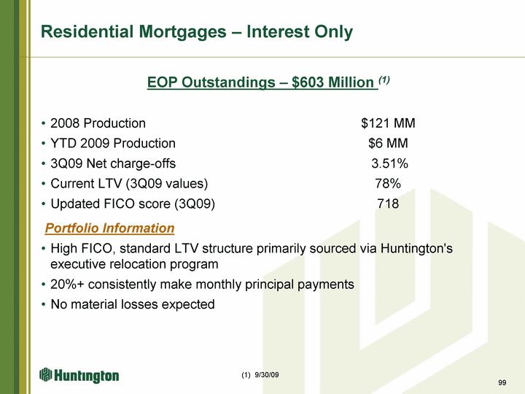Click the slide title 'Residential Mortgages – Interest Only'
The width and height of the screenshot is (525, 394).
point(197,32)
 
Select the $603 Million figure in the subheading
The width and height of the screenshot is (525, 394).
point(332,82)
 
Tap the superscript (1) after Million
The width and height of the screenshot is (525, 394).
point(384,80)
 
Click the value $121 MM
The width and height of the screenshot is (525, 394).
point(388,123)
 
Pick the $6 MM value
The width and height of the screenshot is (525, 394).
point(388,144)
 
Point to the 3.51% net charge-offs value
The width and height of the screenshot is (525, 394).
point(389,163)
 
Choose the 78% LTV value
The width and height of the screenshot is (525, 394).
point(388,184)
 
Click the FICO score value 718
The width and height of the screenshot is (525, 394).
point(388,204)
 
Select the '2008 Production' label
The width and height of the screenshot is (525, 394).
point(98,123)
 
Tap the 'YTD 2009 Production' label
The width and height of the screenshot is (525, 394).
point(113,144)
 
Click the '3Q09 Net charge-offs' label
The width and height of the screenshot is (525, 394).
point(113,163)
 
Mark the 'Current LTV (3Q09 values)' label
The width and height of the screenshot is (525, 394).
point(129,184)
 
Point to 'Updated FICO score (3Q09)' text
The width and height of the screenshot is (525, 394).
point(133,204)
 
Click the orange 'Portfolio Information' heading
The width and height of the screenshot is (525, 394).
point(110,228)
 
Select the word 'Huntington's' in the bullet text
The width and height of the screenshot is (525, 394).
point(416,249)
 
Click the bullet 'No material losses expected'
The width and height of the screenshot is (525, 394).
point(133,304)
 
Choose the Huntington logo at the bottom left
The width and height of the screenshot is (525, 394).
point(79,375)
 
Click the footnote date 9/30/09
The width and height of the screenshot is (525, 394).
point(267,375)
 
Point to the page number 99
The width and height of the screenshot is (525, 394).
point(502,382)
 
